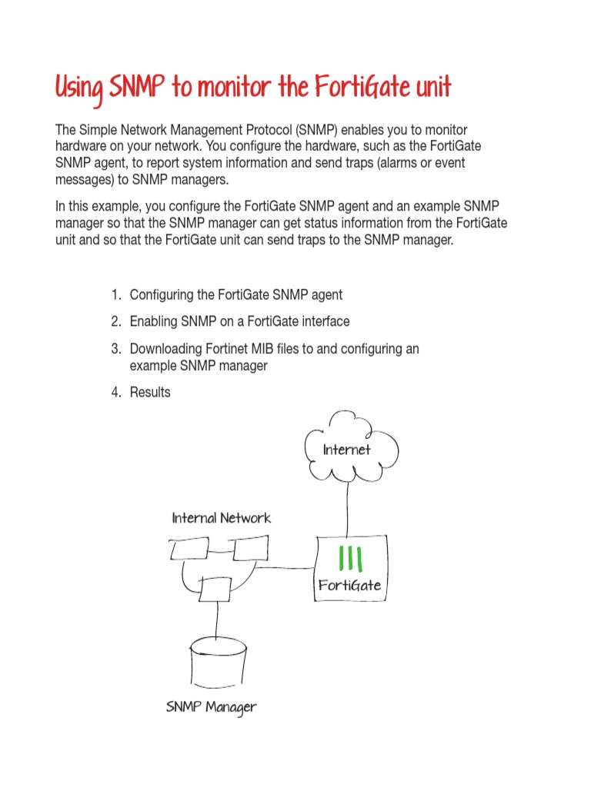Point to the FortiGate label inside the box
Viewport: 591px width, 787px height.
tap(350, 585)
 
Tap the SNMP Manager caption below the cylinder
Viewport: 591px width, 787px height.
tap(211, 706)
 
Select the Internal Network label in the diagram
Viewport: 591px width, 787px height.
tap(221, 517)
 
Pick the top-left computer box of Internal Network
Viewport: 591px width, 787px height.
tap(189, 550)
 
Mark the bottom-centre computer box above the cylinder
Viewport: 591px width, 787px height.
tap(215, 589)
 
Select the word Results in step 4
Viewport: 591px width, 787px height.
tap(150, 392)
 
